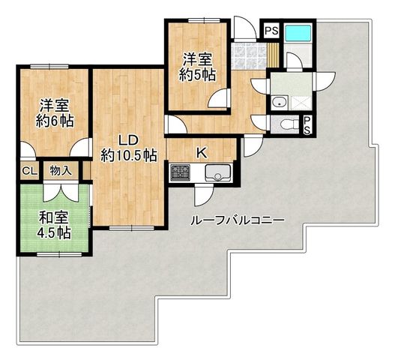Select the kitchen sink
point(218,172)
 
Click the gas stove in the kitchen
point(180,172)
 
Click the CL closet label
point(30,171)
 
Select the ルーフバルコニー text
point(238,220)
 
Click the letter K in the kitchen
point(202,153)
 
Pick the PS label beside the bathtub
point(272,31)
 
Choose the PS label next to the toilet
point(307,125)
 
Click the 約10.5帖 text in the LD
point(129,155)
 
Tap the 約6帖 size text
point(55,121)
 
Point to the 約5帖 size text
point(197,74)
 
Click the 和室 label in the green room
point(53,218)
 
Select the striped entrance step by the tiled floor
point(273,55)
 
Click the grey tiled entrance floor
point(249,56)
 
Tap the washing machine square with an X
point(301,103)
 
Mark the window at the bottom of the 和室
point(59,254)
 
